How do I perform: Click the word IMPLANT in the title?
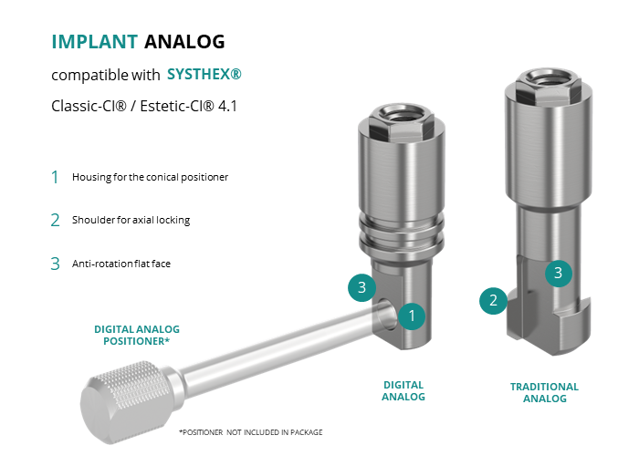[x=95, y=42]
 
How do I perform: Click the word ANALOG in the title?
[x=184, y=42]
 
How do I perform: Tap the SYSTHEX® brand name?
[x=204, y=74]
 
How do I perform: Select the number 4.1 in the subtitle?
[x=228, y=107]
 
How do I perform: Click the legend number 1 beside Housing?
[x=55, y=178]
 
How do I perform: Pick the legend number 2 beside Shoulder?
[x=55, y=221]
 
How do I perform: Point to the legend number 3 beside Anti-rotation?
[x=55, y=264]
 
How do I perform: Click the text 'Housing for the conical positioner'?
[x=150, y=177]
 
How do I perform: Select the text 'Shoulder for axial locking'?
[x=131, y=220]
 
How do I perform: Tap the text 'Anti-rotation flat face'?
[x=121, y=264]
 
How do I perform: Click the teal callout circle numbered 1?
[x=412, y=316]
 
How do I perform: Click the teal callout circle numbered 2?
[x=493, y=300]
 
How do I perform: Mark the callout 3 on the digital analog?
[x=361, y=287]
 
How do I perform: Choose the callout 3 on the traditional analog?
[x=559, y=273]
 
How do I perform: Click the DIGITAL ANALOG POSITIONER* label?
[x=137, y=335]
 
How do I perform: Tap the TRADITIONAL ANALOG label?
[x=544, y=392]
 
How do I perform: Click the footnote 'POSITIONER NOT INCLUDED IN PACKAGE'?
[x=251, y=432]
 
